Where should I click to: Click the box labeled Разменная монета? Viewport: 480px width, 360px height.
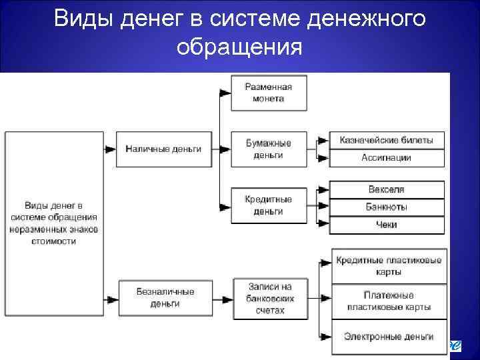click(269, 93)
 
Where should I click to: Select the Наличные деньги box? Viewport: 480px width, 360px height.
click(163, 149)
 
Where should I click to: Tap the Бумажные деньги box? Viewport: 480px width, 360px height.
click(269, 149)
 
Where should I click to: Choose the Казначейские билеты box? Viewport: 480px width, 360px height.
click(387, 140)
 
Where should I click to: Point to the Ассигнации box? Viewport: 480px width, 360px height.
click(387, 158)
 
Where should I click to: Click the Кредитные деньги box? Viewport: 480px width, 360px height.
click(269, 205)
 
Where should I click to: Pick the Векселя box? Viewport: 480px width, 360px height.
click(387, 189)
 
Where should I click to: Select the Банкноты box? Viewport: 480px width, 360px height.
click(387, 207)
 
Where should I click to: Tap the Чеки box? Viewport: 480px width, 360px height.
click(387, 225)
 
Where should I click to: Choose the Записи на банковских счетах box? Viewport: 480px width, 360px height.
click(269, 298)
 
